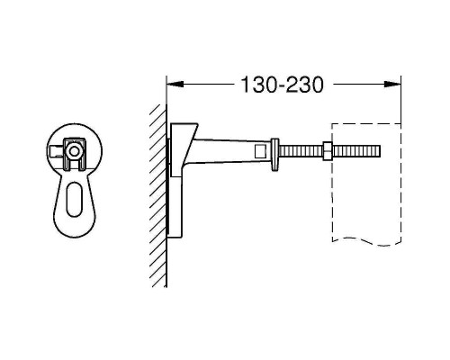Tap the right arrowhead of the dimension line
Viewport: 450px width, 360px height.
point(394,85)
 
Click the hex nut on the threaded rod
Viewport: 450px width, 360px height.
point(326,150)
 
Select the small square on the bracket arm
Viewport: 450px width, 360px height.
point(260,150)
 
